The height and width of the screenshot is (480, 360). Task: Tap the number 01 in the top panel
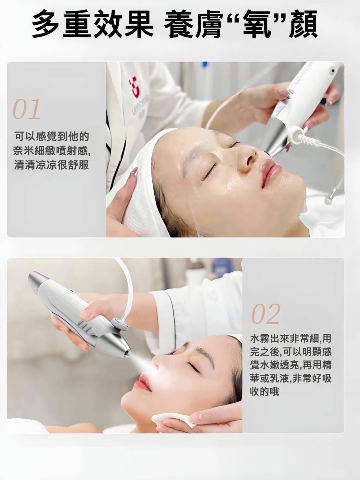point(27,109)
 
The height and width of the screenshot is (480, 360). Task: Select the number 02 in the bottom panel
point(265,314)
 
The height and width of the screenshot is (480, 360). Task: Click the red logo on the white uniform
point(135,88)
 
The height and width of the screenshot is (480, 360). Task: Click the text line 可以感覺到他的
point(52,137)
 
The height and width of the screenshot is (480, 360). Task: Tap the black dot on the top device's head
point(333,71)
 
